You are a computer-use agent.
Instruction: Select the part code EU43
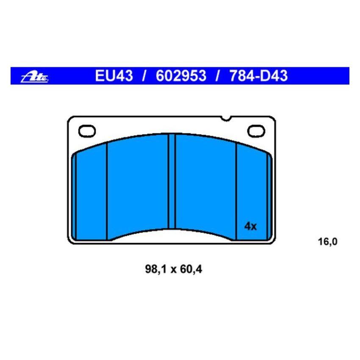pyautogui.click(x=114, y=76)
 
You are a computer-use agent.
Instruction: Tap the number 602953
pyautogui.click(x=181, y=76)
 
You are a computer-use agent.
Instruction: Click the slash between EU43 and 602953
pyautogui.click(x=144, y=76)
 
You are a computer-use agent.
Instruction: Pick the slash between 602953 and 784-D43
pyautogui.click(x=217, y=76)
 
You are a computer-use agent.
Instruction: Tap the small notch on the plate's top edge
pyautogui.click(x=227, y=118)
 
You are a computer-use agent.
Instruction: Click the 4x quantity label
pyautogui.click(x=251, y=226)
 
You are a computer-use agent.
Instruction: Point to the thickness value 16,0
pyautogui.click(x=327, y=242)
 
